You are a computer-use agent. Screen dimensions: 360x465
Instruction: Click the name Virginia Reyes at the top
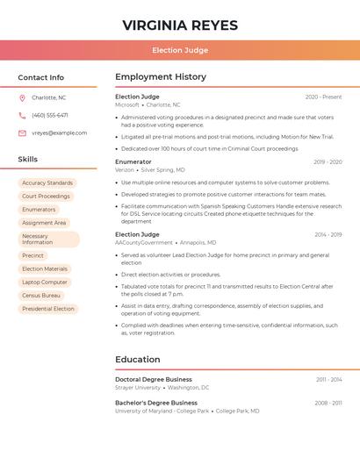click(180, 25)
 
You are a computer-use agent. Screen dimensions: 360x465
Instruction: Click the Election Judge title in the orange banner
click(180, 50)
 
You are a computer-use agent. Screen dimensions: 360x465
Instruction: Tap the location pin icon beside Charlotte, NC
click(22, 97)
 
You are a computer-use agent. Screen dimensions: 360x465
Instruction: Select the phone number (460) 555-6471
click(50, 115)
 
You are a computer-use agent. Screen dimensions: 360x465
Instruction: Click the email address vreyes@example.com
click(59, 132)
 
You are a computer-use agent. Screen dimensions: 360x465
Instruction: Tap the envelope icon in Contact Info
click(22, 132)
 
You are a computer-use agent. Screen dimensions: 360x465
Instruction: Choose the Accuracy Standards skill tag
click(47, 183)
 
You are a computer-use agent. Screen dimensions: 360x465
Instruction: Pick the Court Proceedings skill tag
click(46, 197)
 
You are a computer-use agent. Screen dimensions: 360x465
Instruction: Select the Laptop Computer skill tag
click(45, 283)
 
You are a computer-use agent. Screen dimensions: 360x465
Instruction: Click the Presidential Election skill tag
click(48, 309)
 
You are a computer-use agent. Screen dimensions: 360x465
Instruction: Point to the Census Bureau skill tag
click(41, 296)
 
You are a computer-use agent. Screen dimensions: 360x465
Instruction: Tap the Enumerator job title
click(133, 161)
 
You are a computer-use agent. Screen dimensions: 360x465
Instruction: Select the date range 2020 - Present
click(323, 97)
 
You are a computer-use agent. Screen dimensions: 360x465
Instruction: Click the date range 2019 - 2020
click(328, 161)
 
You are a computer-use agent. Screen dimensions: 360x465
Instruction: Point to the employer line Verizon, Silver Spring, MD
click(150, 169)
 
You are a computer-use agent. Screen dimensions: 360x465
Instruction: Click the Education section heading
click(138, 359)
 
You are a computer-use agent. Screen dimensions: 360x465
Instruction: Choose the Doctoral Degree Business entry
click(154, 379)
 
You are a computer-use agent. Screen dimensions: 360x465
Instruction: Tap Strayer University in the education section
click(138, 387)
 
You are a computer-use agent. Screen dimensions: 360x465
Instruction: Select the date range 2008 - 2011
click(328, 403)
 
